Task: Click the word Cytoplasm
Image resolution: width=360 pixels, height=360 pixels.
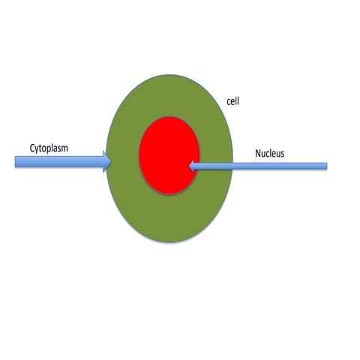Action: [x=49, y=148]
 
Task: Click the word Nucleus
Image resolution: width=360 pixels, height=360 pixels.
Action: [x=270, y=153]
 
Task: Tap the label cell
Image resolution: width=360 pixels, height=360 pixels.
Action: [x=232, y=101]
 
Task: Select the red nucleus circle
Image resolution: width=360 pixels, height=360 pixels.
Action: [x=169, y=155]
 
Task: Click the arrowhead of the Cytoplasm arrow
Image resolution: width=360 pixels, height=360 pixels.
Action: [x=107, y=162]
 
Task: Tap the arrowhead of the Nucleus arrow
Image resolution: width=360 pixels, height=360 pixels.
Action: [x=192, y=166]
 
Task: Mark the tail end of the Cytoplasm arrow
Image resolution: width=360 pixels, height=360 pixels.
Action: [x=16, y=161]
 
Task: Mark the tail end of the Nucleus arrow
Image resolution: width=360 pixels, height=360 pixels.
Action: [x=326, y=166]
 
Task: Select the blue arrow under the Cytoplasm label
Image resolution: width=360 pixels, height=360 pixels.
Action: [x=63, y=162]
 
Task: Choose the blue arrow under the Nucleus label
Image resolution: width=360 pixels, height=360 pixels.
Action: [x=258, y=166]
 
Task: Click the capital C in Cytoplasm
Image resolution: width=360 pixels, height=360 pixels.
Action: [x=32, y=148]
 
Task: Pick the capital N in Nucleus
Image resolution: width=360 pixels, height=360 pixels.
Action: [x=258, y=153]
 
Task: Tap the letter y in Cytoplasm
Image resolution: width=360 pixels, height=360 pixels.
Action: [x=37, y=149]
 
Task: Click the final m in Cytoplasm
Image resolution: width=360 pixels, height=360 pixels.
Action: [x=64, y=148]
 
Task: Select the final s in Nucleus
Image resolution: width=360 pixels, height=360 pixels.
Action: [x=282, y=154]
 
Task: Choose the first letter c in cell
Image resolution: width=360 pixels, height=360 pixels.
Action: [x=229, y=103]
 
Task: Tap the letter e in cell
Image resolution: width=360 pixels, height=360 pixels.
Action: [x=233, y=103]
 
